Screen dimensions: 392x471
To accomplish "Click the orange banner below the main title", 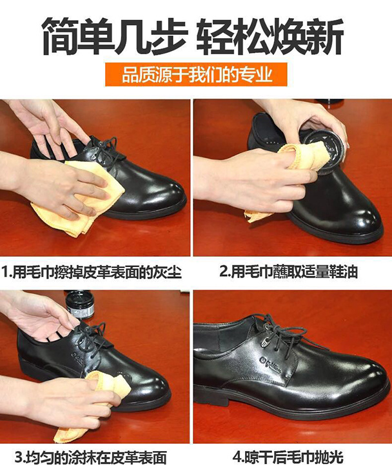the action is tap(196, 74).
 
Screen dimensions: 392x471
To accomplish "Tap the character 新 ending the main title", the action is tap(326, 36).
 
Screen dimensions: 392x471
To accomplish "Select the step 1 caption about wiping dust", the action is tap(92, 272).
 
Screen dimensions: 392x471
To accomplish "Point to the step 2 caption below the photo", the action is tap(289, 272).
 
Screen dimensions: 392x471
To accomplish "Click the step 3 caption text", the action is tap(91, 457).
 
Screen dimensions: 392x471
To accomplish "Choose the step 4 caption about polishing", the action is tap(288, 457).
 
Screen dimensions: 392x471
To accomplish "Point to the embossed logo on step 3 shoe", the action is tap(78, 356).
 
